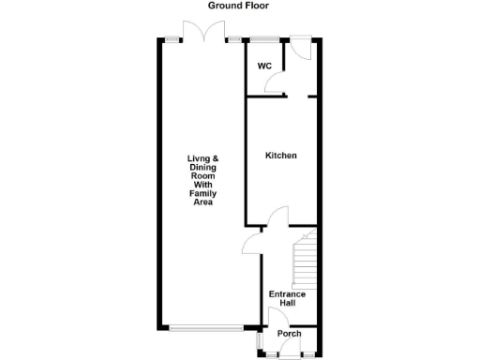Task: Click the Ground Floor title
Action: coord(238,6)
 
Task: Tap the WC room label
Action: coord(264,67)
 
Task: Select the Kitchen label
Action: coord(280,156)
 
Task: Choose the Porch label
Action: coord(289,334)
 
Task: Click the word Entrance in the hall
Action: coord(287,294)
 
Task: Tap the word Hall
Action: coord(288,304)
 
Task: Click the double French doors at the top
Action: coord(205,32)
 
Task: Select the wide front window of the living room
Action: coord(211,327)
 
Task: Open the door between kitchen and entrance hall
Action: coord(277,218)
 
